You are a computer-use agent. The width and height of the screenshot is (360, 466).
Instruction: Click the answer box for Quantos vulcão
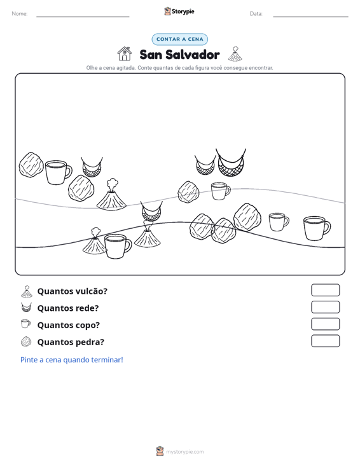click(x=325, y=290)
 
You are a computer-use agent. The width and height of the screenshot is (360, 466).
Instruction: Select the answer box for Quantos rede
click(x=325, y=307)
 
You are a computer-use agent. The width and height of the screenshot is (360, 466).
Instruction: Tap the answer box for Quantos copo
click(x=325, y=324)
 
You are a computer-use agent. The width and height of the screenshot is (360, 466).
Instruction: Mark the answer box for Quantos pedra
click(x=325, y=341)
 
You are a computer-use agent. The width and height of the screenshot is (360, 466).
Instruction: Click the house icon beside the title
click(x=125, y=54)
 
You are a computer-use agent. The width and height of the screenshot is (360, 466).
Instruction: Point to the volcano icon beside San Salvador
click(x=235, y=54)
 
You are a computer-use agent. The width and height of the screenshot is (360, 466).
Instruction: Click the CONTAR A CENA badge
click(x=179, y=39)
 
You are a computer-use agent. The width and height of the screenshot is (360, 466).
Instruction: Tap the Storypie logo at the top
click(x=179, y=11)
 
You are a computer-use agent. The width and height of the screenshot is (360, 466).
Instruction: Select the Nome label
click(x=20, y=14)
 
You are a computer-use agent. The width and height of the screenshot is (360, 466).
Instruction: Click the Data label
click(x=256, y=14)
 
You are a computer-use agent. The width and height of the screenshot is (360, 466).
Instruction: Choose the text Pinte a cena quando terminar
click(x=72, y=360)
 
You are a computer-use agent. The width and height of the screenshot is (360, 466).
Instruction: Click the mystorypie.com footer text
click(x=184, y=452)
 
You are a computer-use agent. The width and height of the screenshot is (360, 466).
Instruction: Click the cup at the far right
click(x=317, y=228)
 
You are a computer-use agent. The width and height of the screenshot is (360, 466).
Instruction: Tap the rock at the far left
click(x=31, y=165)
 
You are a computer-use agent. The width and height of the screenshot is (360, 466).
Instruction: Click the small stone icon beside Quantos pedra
click(x=26, y=341)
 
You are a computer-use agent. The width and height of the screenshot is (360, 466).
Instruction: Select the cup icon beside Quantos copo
click(x=26, y=324)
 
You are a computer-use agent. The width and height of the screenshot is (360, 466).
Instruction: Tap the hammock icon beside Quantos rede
click(x=26, y=307)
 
